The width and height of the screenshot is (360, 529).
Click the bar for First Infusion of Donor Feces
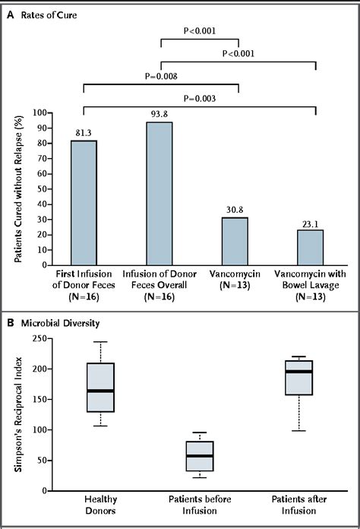coord(84,201)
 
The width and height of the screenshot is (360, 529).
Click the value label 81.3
coord(84,133)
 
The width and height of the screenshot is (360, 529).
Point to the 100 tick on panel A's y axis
coord(60,112)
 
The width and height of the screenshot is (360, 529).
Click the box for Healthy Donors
coord(100,387)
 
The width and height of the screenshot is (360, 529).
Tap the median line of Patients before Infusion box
coord(199,455)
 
